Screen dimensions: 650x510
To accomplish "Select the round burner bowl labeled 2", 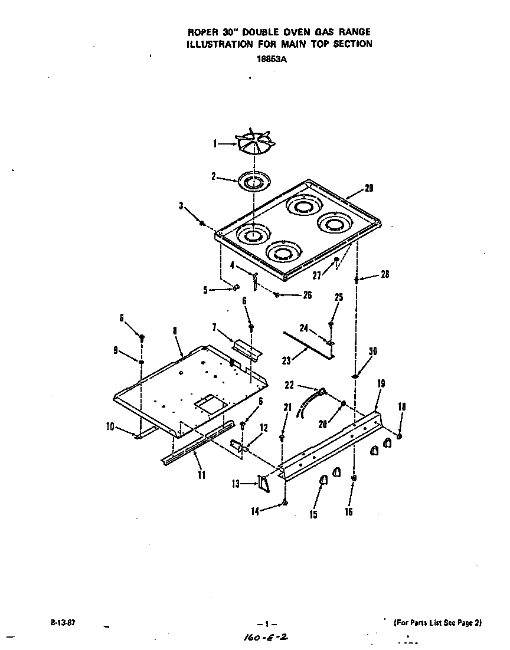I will (254, 180).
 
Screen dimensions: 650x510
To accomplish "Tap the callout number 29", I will (369, 188).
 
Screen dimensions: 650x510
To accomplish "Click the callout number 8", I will (175, 331).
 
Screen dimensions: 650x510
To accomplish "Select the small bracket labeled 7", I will (248, 350).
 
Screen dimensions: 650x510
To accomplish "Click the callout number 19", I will (381, 383).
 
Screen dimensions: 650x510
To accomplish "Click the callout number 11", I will (202, 474).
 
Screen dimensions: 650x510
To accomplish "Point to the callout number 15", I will (313, 515).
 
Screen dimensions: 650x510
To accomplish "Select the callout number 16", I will (349, 512).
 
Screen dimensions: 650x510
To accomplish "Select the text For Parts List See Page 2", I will (438, 623).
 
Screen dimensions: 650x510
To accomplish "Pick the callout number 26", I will (307, 296).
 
